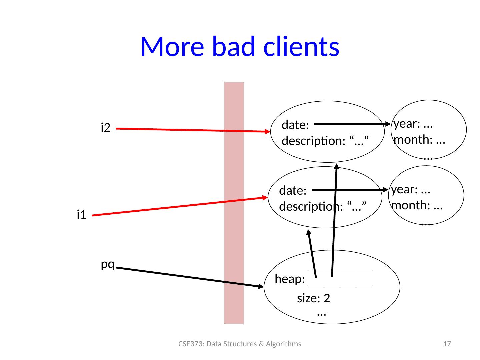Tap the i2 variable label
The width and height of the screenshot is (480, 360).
pyautogui.click(x=105, y=128)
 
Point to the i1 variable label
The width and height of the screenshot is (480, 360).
pyautogui.click(x=81, y=215)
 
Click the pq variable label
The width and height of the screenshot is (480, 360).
pyautogui.click(x=108, y=264)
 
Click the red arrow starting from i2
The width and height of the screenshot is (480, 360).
pyautogui.click(x=193, y=130)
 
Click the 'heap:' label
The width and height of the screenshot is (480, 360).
pyautogui.click(x=290, y=279)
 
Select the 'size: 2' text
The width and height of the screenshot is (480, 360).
pyautogui.click(x=313, y=298)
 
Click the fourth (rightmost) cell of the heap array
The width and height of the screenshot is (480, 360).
pyautogui.click(x=364, y=278)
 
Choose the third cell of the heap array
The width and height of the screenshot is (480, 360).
pyautogui.click(x=348, y=278)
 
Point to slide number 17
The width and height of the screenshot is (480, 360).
pyautogui.click(x=448, y=344)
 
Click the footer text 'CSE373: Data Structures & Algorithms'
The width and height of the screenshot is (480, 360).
pyautogui.click(x=240, y=344)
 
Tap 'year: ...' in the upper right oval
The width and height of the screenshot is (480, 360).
pyautogui.click(x=413, y=124)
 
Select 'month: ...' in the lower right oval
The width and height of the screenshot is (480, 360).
pyautogui.click(x=417, y=205)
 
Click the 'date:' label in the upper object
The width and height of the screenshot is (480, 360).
pyautogui.click(x=295, y=125)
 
